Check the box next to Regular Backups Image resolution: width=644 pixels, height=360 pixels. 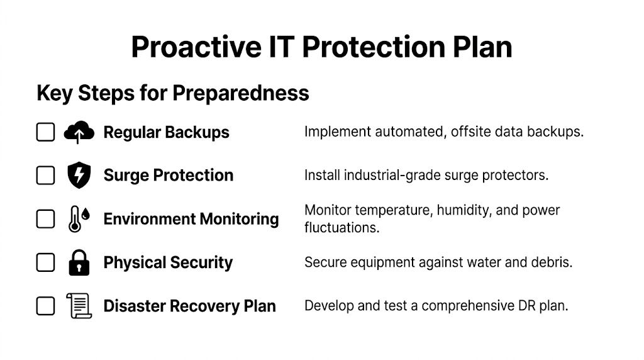[x=45, y=132]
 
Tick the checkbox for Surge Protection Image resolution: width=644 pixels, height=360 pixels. [x=45, y=176]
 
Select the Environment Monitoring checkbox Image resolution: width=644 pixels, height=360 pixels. [x=45, y=219]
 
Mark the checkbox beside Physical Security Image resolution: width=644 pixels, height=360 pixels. [x=45, y=262]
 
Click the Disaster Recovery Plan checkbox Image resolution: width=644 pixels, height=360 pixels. [x=45, y=306]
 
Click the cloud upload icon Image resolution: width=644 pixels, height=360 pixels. [x=79, y=132]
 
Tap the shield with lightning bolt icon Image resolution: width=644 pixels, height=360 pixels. [x=79, y=175]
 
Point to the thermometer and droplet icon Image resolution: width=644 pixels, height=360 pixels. [x=79, y=219]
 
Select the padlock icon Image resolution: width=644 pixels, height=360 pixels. [x=79, y=262]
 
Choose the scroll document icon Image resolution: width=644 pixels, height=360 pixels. [x=79, y=306]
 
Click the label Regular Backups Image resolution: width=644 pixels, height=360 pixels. [x=166, y=133]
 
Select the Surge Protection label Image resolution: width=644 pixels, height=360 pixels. [x=168, y=176]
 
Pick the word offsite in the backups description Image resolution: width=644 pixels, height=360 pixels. [x=472, y=132]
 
